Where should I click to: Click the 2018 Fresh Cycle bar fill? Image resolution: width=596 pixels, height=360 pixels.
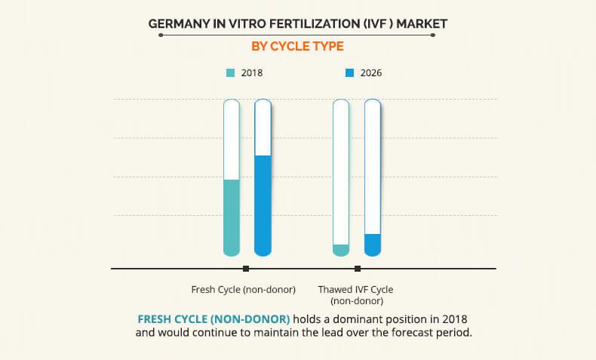point(232,217)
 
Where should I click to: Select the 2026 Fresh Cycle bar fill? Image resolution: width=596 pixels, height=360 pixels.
point(263,205)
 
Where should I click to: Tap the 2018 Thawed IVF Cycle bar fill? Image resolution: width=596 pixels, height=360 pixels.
point(341,250)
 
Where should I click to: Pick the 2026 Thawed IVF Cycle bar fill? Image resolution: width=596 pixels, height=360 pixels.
point(373,245)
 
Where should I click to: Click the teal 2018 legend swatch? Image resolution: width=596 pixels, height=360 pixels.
point(230,73)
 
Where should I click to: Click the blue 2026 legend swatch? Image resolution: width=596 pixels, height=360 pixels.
point(349,73)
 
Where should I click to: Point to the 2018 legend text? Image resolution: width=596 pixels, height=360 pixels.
point(252,73)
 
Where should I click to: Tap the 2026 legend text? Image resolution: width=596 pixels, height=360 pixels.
point(371,73)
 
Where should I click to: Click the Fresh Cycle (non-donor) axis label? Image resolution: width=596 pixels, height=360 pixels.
point(243,289)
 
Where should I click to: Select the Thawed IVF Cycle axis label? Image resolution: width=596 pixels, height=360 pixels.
point(355,294)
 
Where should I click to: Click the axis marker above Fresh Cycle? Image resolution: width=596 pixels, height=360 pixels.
point(246,269)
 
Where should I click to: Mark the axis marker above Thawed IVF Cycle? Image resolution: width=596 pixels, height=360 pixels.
point(358,269)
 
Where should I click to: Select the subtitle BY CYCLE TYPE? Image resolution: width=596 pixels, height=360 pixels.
point(297,46)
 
